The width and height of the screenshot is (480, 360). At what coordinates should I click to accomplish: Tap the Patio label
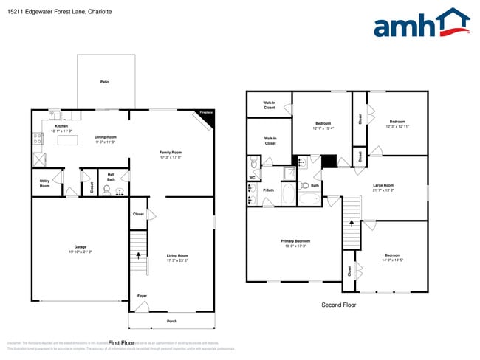106,82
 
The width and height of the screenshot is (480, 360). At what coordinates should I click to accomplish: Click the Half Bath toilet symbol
106,190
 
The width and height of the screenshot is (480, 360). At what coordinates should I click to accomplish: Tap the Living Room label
177,257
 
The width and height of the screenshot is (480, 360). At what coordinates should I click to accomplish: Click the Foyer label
142,297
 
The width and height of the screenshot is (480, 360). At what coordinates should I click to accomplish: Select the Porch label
172,322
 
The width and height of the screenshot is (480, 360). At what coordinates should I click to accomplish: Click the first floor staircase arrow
137,256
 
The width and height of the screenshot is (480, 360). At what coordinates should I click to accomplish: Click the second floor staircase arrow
352,221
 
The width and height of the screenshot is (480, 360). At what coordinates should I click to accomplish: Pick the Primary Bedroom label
295,243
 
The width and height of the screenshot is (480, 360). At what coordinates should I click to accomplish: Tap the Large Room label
383,187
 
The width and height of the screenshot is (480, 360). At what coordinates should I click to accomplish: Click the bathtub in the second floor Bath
309,198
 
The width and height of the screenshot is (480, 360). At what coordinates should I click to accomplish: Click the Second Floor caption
338,305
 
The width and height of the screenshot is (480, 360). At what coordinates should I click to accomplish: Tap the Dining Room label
106,139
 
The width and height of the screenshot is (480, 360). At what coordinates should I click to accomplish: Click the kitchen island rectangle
67,140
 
